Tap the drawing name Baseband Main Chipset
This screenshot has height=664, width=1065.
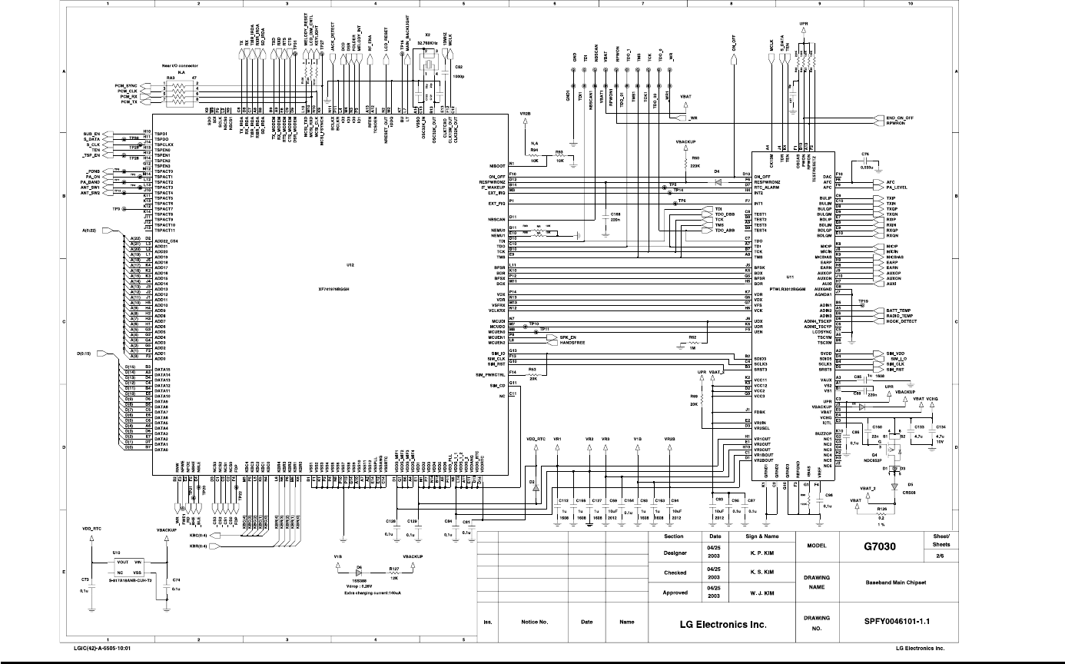[x=895, y=583]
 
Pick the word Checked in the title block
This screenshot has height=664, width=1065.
[x=674, y=573]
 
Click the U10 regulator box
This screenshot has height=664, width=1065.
[x=129, y=568]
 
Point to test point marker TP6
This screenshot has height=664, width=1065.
[x=672, y=202]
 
